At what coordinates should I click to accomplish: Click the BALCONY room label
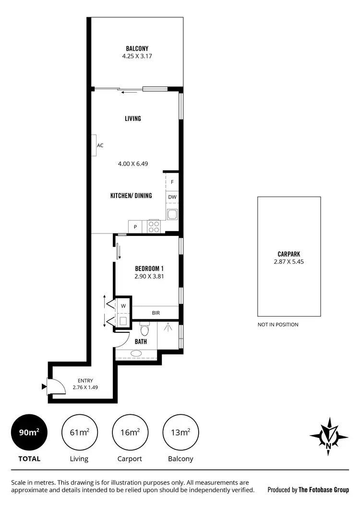pyautogui.click(x=137, y=48)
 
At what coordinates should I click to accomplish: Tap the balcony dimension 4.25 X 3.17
pyautogui.click(x=137, y=56)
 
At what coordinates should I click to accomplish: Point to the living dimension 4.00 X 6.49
pyautogui.click(x=133, y=164)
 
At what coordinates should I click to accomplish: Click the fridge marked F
pyautogui.click(x=172, y=182)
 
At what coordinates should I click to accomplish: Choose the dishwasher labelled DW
pyautogui.click(x=172, y=197)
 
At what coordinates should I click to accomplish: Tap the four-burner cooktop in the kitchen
pyautogui.click(x=154, y=226)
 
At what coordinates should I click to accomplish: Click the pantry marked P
pyautogui.click(x=135, y=227)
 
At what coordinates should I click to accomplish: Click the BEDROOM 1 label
pyautogui.click(x=149, y=269)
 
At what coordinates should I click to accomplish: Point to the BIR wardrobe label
pyautogui.click(x=156, y=313)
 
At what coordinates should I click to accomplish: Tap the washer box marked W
pyautogui.click(x=123, y=305)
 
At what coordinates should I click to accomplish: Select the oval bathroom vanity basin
pyautogui.click(x=136, y=354)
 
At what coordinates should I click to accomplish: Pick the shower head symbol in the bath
pyautogui.click(x=168, y=328)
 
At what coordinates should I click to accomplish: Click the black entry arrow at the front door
pyautogui.click(x=44, y=386)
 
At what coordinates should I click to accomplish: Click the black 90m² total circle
pyautogui.click(x=29, y=432)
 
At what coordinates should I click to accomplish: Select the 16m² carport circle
pyautogui.click(x=130, y=432)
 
